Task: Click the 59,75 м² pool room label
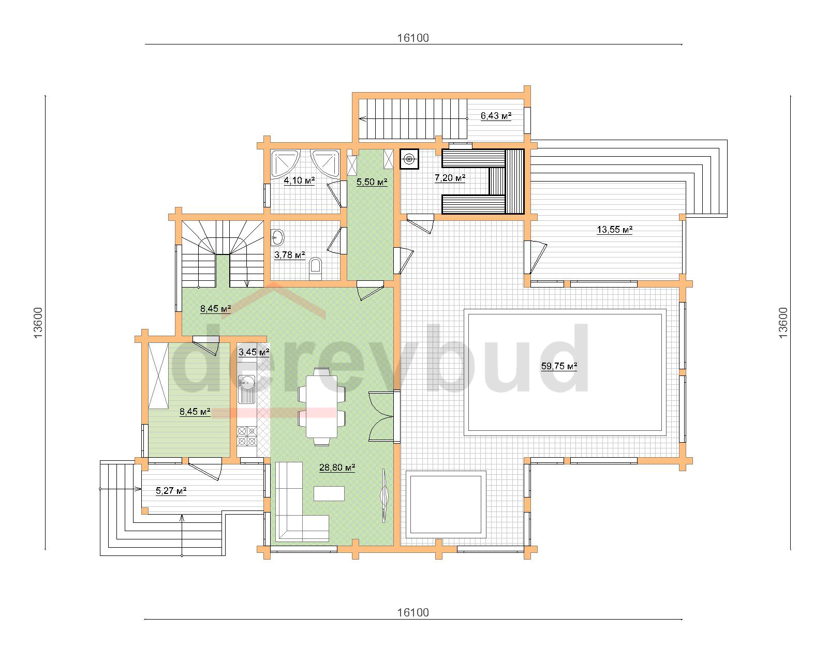click(559, 366)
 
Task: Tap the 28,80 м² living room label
click(337, 468)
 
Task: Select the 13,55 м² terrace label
click(614, 230)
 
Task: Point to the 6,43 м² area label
click(496, 116)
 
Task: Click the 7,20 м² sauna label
click(450, 178)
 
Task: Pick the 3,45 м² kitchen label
click(254, 352)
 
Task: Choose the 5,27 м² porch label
click(171, 491)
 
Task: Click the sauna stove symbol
click(409, 159)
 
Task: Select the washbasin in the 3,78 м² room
click(277, 237)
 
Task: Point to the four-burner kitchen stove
click(247, 436)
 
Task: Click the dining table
click(322, 407)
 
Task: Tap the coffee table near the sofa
click(329, 493)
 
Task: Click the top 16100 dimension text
click(413, 38)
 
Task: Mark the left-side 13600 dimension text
click(38, 323)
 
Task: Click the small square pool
click(446, 504)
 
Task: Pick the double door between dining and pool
click(381, 416)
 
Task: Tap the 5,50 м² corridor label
click(372, 182)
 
